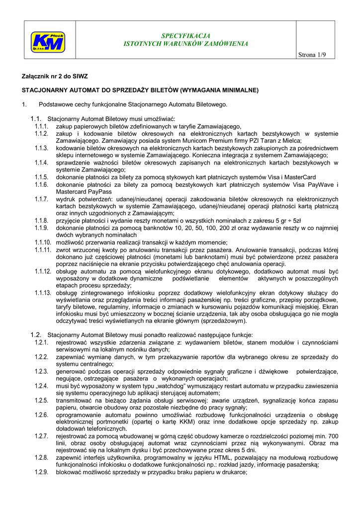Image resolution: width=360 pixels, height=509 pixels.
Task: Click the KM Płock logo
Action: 48,41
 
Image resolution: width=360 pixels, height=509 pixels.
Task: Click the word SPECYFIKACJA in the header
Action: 185,36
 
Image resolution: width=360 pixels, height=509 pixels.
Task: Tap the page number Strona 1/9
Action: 309,54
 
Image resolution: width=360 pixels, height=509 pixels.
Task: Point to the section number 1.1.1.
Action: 41,127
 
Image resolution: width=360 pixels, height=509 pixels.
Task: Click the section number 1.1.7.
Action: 41,199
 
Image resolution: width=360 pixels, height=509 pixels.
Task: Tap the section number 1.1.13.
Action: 43,292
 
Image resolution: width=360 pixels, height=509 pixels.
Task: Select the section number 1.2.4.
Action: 41,386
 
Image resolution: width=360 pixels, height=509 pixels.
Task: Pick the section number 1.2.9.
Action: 41,472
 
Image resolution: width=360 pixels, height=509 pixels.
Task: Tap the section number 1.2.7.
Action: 41,436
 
